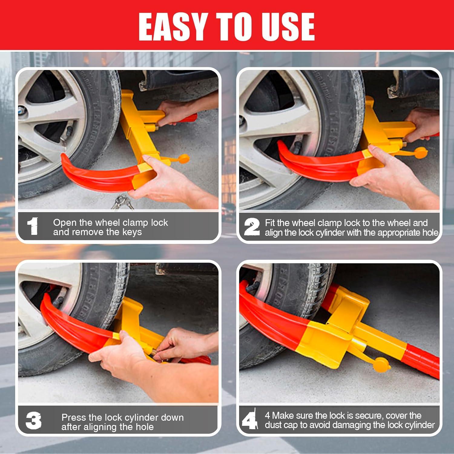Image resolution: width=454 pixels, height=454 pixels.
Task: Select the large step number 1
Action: (x=33, y=226)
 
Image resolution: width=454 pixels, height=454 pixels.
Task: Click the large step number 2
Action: (x=252, y=227)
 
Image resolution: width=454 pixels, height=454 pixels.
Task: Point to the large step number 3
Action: (x=33, y=421)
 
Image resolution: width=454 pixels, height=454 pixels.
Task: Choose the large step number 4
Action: (x=250, y=419)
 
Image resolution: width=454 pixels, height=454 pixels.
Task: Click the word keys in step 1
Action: (x=132, y=232)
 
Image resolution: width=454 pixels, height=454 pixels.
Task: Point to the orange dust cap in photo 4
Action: (x=382, y=365)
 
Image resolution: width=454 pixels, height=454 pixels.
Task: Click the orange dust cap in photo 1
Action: (x=183, y=158)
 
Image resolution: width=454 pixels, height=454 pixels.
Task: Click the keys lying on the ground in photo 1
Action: (x=122, y=202)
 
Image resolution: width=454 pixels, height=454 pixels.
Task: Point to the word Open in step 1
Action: (x=65, y=223)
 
